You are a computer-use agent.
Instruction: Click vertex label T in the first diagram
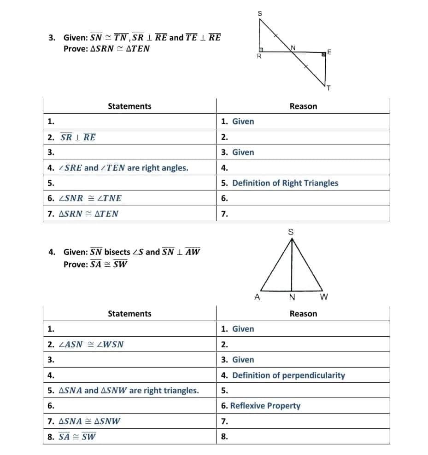(x=329, y=88)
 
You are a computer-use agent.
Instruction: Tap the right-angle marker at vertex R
(x=260, y=49)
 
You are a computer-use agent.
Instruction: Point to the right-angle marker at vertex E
(x=324, y=54)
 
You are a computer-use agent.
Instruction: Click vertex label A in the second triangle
(x=257, y=297)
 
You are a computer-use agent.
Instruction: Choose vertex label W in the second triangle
(x=323, y=297)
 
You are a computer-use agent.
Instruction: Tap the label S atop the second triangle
(x=291, y=232)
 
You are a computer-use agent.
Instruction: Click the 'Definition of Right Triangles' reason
(x=285, y=183)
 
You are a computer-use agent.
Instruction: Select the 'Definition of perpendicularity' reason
(x=288, y=375)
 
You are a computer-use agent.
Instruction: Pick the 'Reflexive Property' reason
(x=265, y=406)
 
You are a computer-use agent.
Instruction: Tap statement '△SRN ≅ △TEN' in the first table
(x=88, y=213)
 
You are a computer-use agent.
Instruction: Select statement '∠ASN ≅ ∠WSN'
(x=91, y=344)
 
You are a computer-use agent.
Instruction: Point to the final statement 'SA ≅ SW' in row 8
(x=77, y=437)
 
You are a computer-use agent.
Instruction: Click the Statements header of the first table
(x=129, y=106)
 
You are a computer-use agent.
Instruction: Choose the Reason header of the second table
(x=303, y=314)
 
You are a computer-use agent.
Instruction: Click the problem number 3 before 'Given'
(x=52, y=38)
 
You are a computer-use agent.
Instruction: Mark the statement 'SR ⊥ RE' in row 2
(x=78, y=137)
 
